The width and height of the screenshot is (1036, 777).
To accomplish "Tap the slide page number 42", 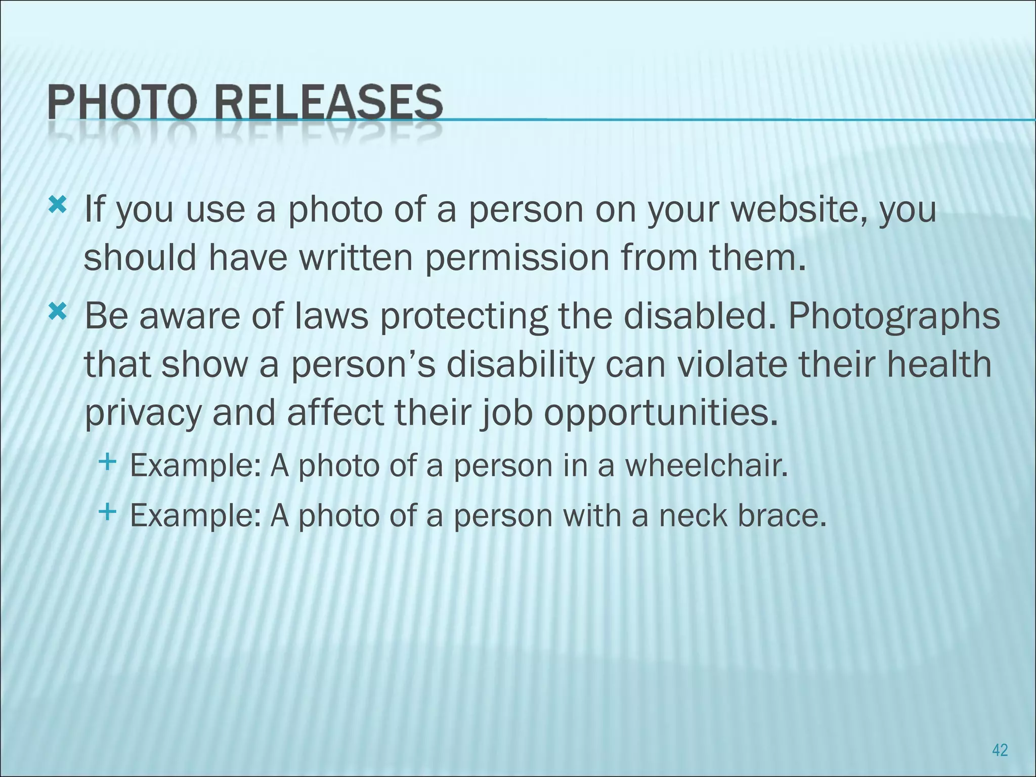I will point(1000,750).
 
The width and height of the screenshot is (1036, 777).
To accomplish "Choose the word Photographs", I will point(894,317).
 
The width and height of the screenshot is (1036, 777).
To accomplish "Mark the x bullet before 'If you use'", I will point(58,205).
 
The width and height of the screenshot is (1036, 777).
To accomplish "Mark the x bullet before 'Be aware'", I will point(58,313).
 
